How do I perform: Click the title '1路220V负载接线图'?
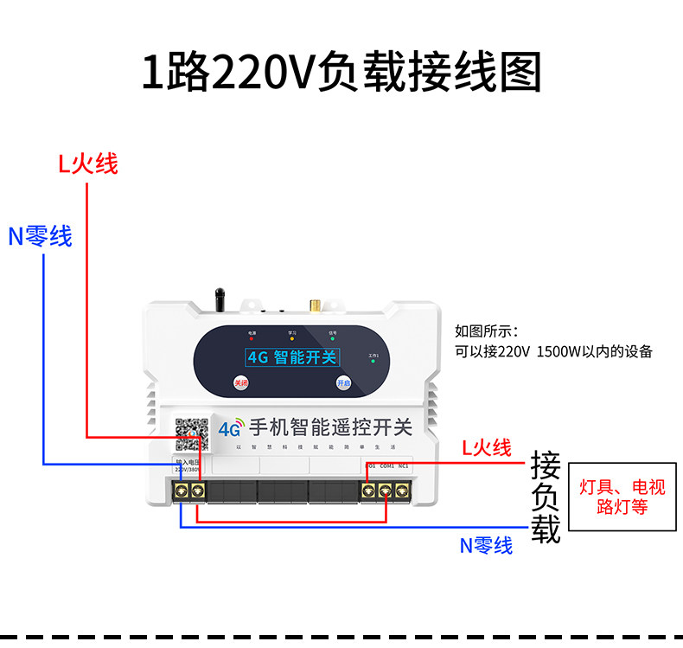click(341, 72)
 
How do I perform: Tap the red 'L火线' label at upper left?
click(88, 163)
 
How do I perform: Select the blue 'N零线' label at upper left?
click(41, 236)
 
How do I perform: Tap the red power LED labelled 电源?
click(252, 338)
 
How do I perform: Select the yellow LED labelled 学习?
click(292, 338)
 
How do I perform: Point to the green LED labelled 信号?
click(332, 338)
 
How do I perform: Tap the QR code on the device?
click(191, 433)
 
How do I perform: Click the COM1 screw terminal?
click(386, 491)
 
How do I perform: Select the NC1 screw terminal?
click(402, 491)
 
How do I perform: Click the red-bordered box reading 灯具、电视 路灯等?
click(622, 497)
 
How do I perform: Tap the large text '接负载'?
click(546, 497)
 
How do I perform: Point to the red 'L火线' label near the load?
click(486, 447)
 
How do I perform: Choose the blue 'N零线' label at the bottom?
click(486, 545)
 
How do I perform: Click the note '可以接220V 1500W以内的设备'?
click(553, 351)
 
